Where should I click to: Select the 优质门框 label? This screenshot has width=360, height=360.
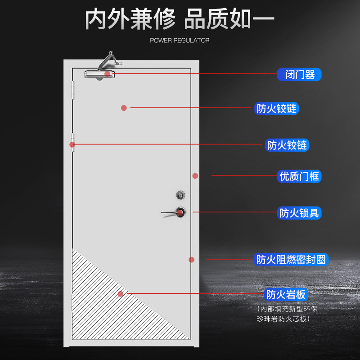pyautogui.click(x=299, y=176)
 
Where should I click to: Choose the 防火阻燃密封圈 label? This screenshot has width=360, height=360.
pyautogui.click(x=292, y=260)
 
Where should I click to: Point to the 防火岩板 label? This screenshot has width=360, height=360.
pyautogui.click(x=286, y=295)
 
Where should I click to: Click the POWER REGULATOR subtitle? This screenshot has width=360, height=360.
pyautogui.click(x=180, y=40)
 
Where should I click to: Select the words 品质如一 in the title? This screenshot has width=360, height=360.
pyautogui.click(x=229, y=20)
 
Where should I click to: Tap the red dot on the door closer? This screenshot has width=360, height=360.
pyautogui.click(x=107, y=74)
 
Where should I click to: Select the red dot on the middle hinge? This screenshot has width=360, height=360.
pyautogui.click(x=72, y=144)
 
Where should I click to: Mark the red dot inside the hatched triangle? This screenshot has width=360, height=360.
pyautogui.click(x=120, y=294)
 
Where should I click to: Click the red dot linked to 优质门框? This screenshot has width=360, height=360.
pyautogui.click(x=195, y=176)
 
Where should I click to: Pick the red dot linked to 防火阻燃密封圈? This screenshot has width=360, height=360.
pyautogui.click(x=191, y=260)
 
